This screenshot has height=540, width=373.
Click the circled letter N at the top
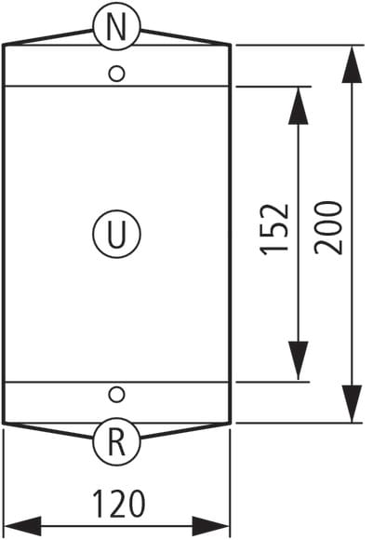[x=116, y=26]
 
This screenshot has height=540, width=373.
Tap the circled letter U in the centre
[x=116, y=235]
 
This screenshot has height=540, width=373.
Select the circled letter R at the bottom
[x=116, y=441]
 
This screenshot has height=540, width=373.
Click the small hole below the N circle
[x=116, y=74]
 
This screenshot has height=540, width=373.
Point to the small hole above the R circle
[x=116, y=395]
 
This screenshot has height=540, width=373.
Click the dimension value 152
[x=274, y=230]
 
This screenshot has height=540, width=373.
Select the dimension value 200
[x=328, y=228]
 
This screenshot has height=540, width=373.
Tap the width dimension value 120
[x=119, y=504]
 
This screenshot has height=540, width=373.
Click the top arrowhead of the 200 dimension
[x=352, y=64]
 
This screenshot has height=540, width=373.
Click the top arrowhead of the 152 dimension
[x=298, y=105]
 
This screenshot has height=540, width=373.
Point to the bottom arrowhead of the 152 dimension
[x=298, y=360]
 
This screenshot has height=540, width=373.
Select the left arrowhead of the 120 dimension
[x=22, y=526]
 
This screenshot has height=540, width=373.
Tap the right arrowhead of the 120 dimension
[x=210, y=526]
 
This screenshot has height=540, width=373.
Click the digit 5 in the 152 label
[x=274, y=230]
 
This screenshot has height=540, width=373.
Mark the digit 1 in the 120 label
[x=100, y=504]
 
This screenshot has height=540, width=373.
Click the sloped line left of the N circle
[x=47, y=37]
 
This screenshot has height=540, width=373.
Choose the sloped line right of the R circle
[x=186, y=430]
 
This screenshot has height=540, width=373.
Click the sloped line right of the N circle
[x=186, y=37]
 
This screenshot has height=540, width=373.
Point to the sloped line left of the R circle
[x=47, y=430]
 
